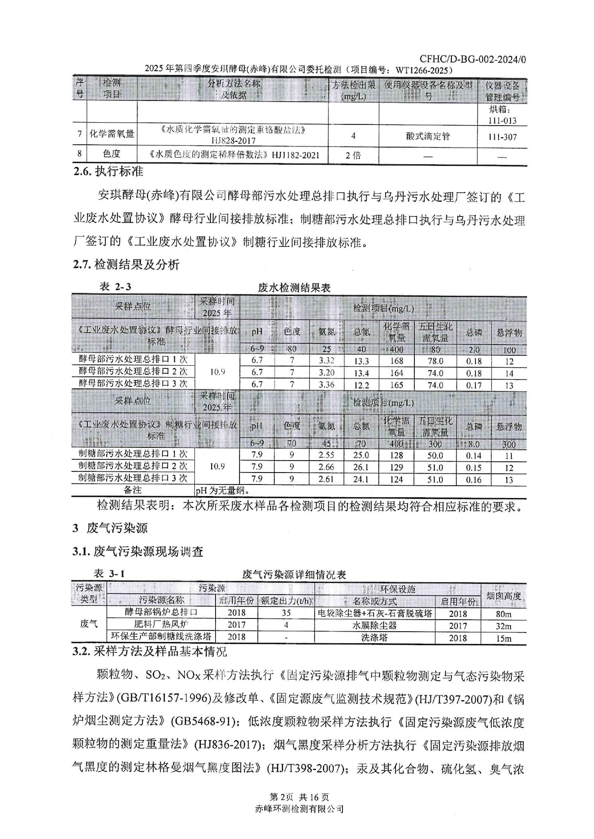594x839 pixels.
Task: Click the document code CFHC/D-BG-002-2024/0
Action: click(473, 59)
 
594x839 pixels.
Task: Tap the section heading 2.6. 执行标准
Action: click(108, 172)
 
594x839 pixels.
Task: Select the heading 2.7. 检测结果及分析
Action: click(126, 264)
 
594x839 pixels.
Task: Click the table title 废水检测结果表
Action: click(294, 288)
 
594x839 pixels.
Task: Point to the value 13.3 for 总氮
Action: click(361, 361)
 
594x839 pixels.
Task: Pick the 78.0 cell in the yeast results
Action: click(435, 361)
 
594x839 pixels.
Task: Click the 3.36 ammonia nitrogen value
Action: click(326, 385)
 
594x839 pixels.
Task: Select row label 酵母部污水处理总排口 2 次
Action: click(133, 371)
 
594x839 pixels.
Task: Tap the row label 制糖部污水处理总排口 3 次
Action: click(133, 478)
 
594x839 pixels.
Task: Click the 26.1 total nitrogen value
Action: click(361, 467)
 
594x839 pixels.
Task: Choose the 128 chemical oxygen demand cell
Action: click(396, 455)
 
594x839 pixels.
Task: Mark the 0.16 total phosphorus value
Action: click(473, 479)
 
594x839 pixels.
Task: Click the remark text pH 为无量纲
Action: click(223, 490)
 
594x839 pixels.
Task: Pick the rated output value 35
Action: click(286, 613)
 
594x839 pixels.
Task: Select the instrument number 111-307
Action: click(502, 137)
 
